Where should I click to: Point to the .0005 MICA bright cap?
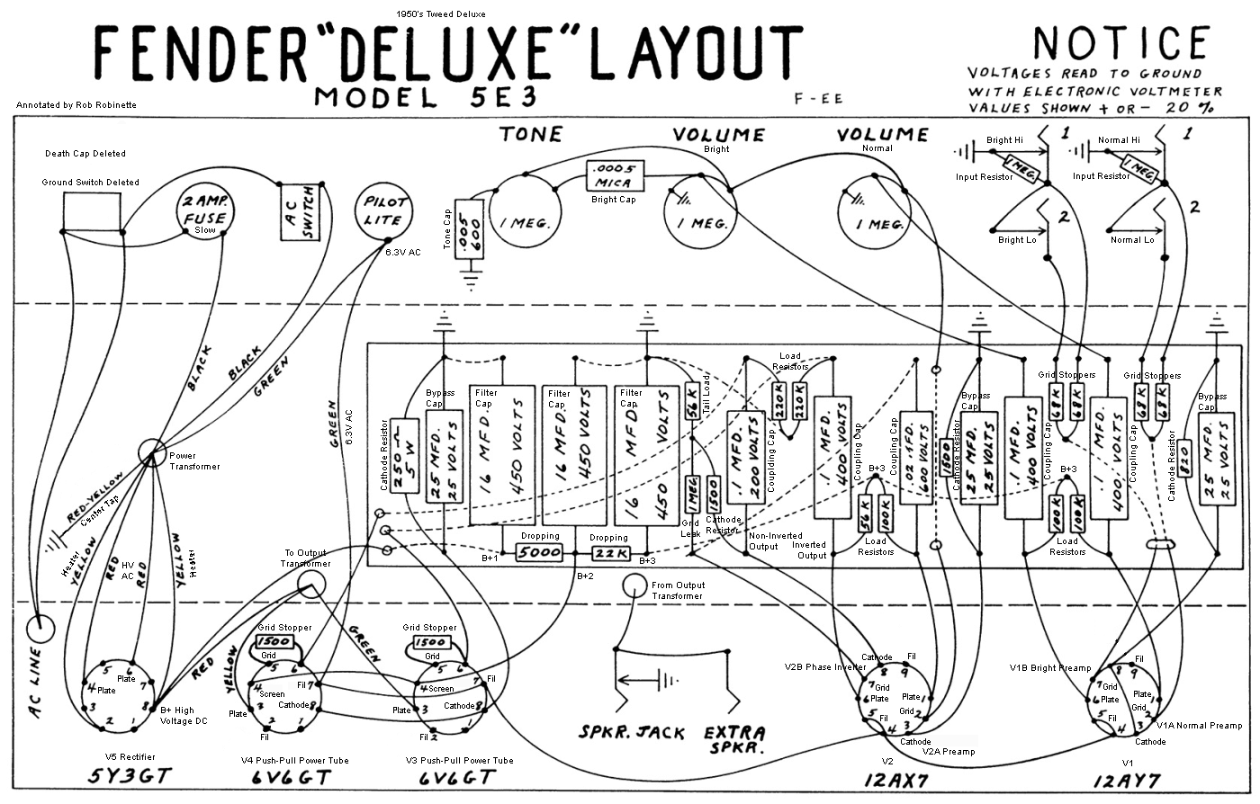(x=615, y=174)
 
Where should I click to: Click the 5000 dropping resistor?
(x=539, y=552)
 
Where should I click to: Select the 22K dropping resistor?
(x=609, y=552)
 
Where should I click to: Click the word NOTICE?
(x=1120, y=43)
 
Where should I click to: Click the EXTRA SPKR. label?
(x=734, y=739)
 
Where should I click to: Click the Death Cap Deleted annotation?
(x=85, y=154)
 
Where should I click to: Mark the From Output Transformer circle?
(x=634, y=585)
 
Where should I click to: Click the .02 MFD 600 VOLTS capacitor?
(x=915, y=460)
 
